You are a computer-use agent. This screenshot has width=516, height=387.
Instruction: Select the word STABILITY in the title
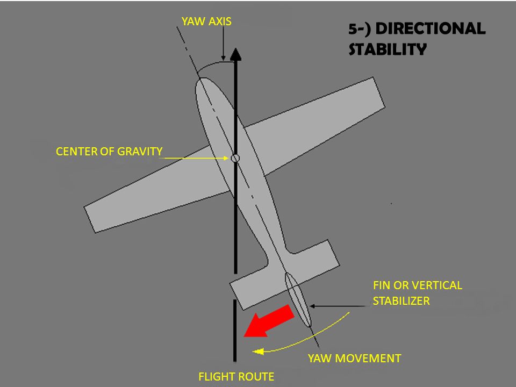[x=388, y=49]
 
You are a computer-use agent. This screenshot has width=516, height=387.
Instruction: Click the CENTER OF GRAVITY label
[x=109, y=152]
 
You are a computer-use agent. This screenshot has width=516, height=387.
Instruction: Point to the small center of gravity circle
[x=235, y=158]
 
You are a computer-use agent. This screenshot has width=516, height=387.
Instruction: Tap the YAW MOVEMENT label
[x=354, y=359]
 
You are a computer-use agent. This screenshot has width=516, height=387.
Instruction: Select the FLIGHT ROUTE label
[x=236, y=377]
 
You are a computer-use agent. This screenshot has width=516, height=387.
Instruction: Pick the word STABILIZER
[x=402, y=301]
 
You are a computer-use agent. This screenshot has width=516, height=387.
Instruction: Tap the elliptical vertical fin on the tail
[x=298, y=299]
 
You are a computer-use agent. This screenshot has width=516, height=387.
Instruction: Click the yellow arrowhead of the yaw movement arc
[x=257, y=352]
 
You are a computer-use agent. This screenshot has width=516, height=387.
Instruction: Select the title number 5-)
[x=361, y=29]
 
